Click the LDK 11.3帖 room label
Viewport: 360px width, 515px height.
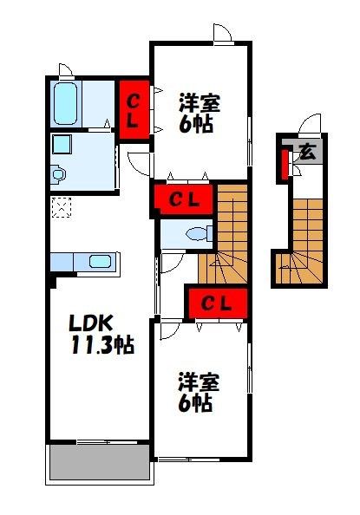pos(101,334)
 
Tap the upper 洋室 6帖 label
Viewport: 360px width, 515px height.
pos(200,113)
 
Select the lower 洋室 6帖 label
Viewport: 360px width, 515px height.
pos(199,392)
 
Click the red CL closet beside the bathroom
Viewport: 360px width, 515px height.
pos(134,110)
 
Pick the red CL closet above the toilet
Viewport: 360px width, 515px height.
pos(183,199)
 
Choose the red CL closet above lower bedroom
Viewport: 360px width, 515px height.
pos(218,303)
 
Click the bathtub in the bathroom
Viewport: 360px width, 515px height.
pos(65,103)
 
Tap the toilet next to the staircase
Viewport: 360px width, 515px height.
pos(200,234)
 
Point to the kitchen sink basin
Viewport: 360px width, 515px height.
pos(100,262)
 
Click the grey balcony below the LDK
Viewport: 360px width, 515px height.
pos(99,462)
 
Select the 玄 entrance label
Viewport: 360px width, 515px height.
pos(308,152)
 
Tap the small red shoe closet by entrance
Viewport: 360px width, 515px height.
pos(285,164)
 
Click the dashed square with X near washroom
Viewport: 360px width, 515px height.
pos(62,207)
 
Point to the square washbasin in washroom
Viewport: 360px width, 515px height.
pos(62,144)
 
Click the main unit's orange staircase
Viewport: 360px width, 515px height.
pos(227,234)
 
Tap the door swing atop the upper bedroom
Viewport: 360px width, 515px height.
pos(223,33)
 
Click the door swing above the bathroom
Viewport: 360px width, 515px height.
pos(65,70)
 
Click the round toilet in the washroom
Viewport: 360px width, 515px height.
pos(58,173)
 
